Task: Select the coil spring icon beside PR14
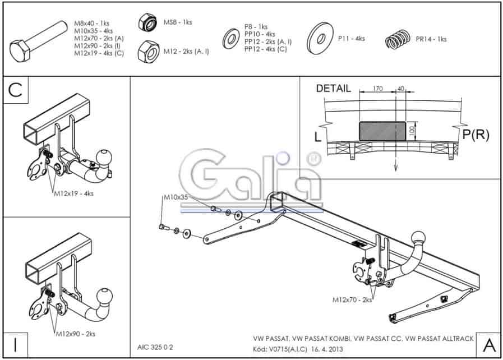click(398, 39)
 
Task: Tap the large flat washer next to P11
click(320, 39)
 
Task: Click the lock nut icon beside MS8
click(147, 22)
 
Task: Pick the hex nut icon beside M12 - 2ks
click(149, 52)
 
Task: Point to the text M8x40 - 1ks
click(92, 24)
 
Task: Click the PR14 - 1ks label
click(431, 39)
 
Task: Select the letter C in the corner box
click(15, 90)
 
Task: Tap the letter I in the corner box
click(15, 345)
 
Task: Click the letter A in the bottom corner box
click(489, 345)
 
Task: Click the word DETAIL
click(333, 89)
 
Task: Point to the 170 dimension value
click(377, 88)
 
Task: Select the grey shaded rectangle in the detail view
click(382, 131)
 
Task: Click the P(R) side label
click(476, 135)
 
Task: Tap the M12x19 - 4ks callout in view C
click(74, 193)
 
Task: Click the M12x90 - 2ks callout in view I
click(75, 334)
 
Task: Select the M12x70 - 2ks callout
click(352, 299)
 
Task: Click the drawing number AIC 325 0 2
click(155, 347)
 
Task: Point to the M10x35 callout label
click(176, 197)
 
